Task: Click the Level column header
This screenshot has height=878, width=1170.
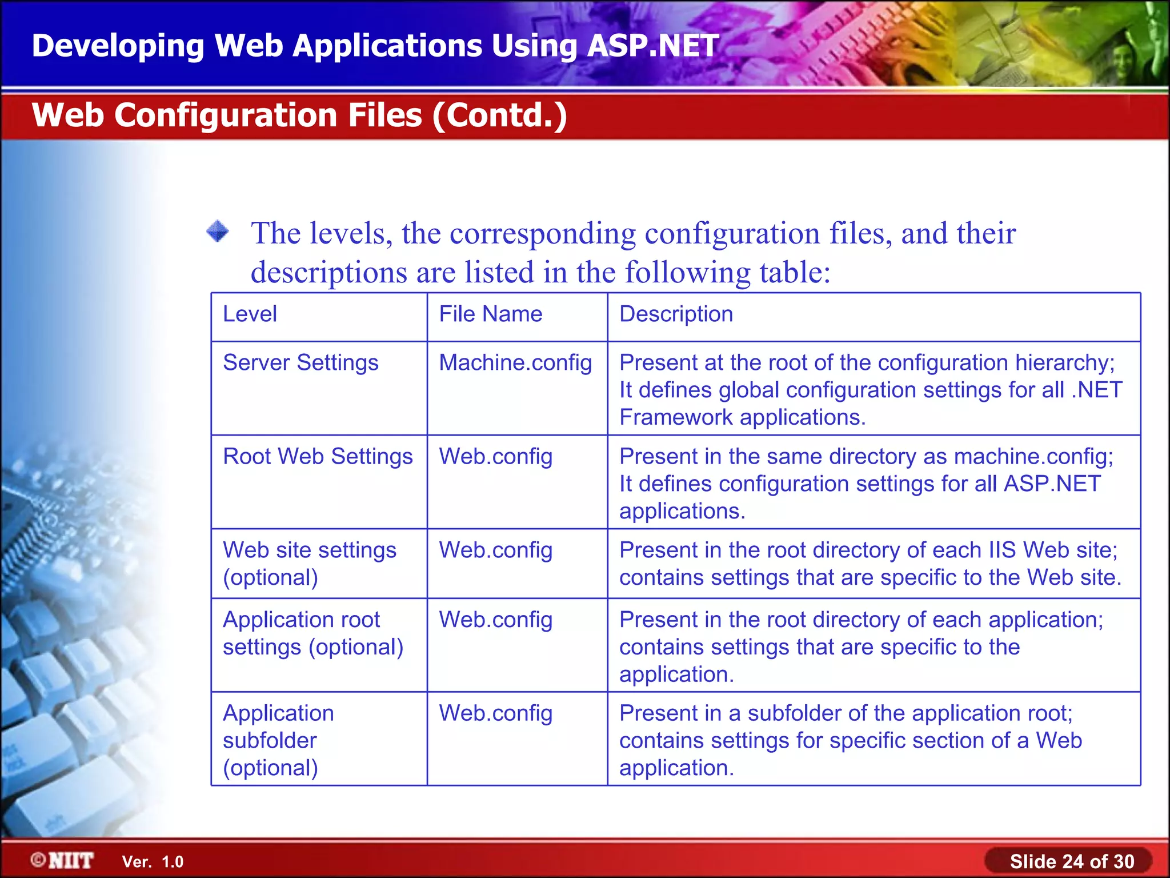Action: tap(250, 314)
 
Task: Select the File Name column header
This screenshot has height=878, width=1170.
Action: tap(490, 314)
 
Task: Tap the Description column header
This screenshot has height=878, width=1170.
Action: tap(676, 314)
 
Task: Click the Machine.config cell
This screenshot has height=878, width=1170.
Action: tap(515, 364)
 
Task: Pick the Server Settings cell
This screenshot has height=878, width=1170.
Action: tap(300, 364)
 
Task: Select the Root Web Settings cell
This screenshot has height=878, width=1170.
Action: tap(318, 457)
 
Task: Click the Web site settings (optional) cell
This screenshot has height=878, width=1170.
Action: tap(309, 564)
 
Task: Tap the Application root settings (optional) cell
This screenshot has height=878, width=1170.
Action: tap(312, 633)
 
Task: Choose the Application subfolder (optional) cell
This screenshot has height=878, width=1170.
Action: tap(278, 740)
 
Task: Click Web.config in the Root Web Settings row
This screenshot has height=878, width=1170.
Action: tap(495, 457)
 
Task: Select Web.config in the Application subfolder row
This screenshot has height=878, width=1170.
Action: tap(495, 713)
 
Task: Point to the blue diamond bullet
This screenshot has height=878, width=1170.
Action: tap(218, 232)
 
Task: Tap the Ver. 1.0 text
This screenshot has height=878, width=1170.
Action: tap(153, 862)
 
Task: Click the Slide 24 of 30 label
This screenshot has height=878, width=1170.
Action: tap(1071, 861)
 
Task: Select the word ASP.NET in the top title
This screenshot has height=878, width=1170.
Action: tap(652, 46)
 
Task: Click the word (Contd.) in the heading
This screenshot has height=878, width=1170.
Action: tap(500, 115)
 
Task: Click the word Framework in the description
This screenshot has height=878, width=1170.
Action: tap(675, 418)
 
